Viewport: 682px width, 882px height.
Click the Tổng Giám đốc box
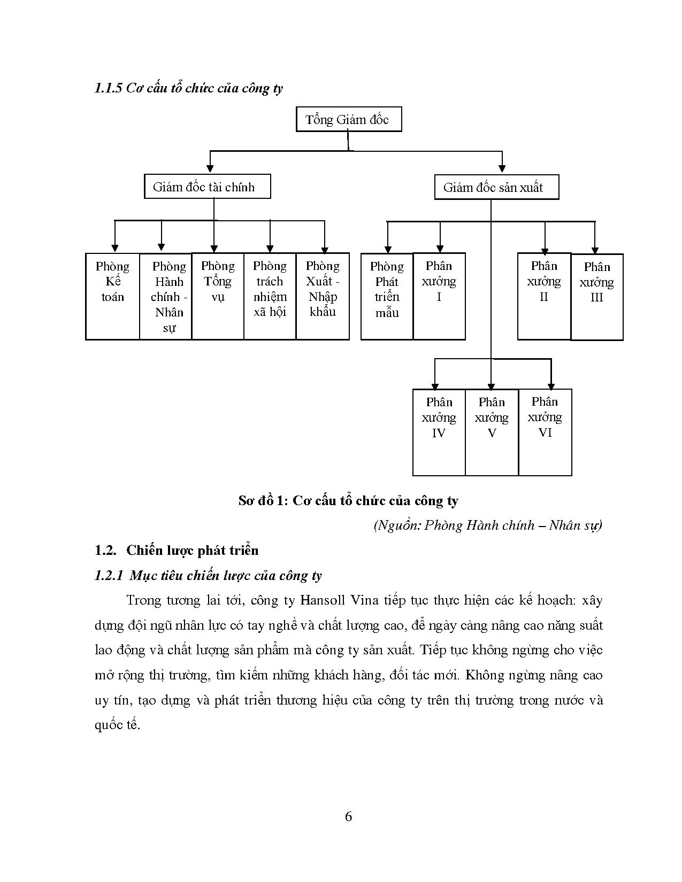click(x=348, y=119)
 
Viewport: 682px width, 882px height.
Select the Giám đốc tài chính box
click(x=207, y=187)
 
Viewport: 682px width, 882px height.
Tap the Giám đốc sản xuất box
click(x=496, y=188)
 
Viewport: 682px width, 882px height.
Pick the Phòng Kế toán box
click(x=112, y=296)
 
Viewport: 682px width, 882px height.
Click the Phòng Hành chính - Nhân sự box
click(x=166, y=296)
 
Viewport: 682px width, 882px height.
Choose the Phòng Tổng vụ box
click(x=218, y=296)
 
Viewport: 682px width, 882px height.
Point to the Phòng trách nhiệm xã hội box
click(x=270, y=296)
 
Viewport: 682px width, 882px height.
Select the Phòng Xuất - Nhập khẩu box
click(x=323, y=296)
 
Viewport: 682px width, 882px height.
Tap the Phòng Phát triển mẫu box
click(x=387, y=296)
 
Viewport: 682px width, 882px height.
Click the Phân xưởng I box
click(x=439, y=296)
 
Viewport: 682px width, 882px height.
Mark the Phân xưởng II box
click(x=544, y=296)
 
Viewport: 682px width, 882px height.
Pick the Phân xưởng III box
click(x=597, y=297)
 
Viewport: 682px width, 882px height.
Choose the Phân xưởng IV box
click(x=439, y=432)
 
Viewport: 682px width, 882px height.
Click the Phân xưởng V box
click(x=492, y=432)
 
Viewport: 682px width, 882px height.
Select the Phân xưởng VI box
click(x=545, y=432)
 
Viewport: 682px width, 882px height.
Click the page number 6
click(x=349, y=816)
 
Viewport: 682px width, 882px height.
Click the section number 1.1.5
click(x=109, y=88)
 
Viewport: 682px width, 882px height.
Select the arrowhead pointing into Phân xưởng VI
click(x=551, y=386)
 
